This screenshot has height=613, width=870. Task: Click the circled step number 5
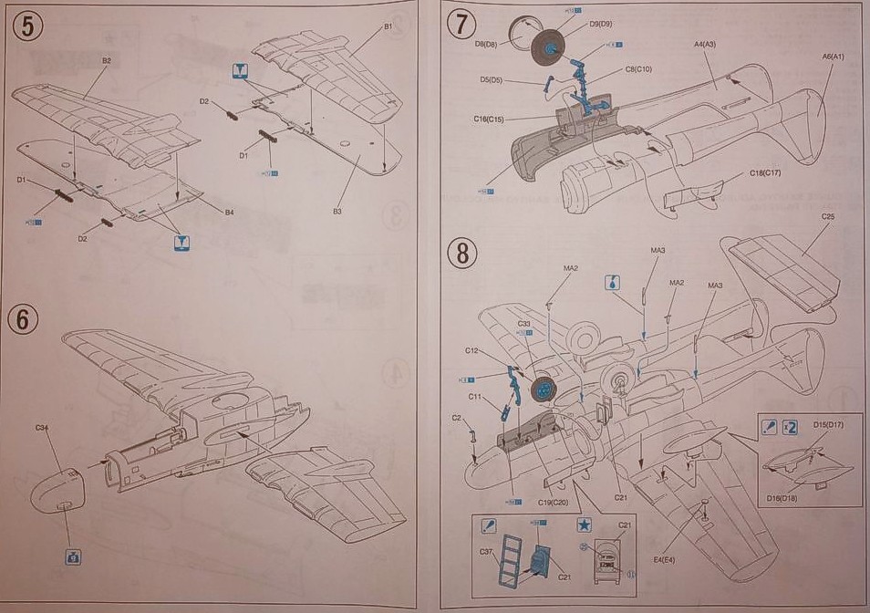click(x=27, y=28)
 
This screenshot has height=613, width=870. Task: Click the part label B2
click(x=106, y=61)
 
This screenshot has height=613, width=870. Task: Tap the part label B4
click(x=230, y=213)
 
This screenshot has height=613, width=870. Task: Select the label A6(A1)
click(x=834, y=57)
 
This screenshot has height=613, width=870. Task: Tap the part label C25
click(x=828, y=216)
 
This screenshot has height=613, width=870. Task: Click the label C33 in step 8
click(x=523, y=323)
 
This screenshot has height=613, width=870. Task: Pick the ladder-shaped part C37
click(x=504, y=557)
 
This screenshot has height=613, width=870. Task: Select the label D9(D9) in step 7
click(x=600, y=23)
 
